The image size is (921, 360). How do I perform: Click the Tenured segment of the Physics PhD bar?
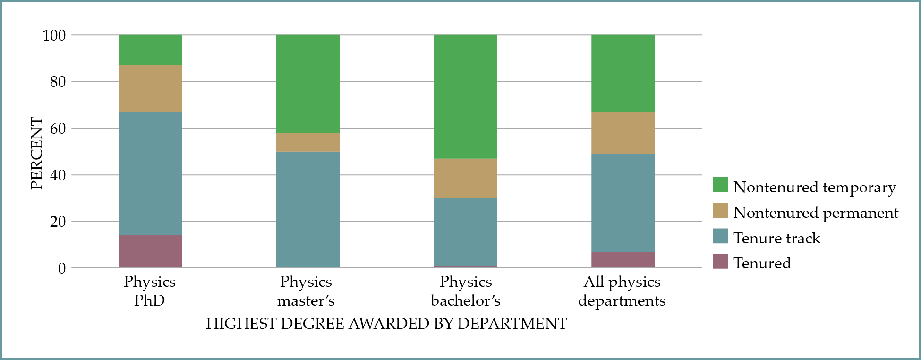pyautogui.click(x=150, y=251)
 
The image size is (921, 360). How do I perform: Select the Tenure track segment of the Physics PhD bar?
pyautogui.click(x=150, y=173)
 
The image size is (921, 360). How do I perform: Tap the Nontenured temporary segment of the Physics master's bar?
pyautogui.click(x=308, y=84)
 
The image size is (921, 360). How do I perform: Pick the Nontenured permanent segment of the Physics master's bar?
pyautogui.click(x=308, y=142)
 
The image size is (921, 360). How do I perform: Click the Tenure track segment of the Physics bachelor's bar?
pyautogui.click(x=466, y=232)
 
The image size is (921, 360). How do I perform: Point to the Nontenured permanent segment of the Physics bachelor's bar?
pyautogui.click(x=466, y=178)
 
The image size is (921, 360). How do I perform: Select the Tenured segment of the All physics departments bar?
pyautogui.click(x=623, y=260)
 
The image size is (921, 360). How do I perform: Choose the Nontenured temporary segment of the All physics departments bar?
pyautogui.click(x=623, y=73)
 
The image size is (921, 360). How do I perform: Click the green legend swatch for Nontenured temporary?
pyautogui.click(x=720, y=185)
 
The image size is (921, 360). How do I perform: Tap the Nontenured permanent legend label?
pyautogui.click(x=816, y=213)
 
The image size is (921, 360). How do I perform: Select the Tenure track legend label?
pyautogui.click(x=776, y=238)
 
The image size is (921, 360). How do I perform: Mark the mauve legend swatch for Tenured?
pyautogui.click(x=720, y=261)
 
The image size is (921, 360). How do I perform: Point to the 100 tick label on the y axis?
pyautogui.click(x=54, y=35)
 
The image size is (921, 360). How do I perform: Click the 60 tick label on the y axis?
pyautogui.click(x=58, y=129)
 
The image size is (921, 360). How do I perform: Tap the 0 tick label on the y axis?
pyautogui.click(x=62, y=268)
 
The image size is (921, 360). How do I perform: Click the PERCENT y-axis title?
pyautogui.click(x=37, y=154)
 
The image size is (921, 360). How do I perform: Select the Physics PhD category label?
pyautogui.click(x=149, y=291)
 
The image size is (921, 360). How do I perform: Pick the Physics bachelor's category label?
pyautogui.click(x=466, y=291)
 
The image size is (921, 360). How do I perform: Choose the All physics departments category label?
pyautogui.click(x=622, y=291)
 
